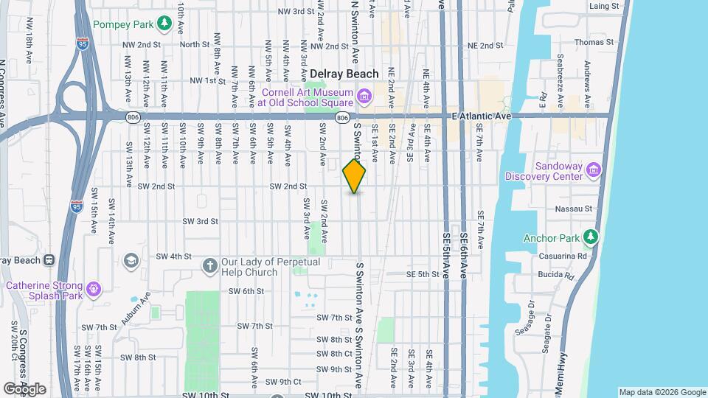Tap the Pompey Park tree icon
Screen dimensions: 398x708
click(164, 24)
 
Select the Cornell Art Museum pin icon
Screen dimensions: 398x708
click(363, 96)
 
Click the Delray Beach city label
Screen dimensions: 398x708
click(344, 74)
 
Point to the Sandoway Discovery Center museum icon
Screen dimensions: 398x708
click(592, 171)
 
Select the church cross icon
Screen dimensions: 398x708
click(209, 265)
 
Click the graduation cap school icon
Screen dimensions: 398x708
click(131, 261)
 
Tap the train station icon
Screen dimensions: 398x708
click(49, 259)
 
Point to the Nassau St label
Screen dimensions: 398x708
click(578, 209)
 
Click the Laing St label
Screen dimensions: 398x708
click(603, 5)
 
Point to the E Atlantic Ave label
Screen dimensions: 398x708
click(482, 116)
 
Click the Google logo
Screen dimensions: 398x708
click(25, 388)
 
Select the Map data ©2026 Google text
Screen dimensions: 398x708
click(662, 392)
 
